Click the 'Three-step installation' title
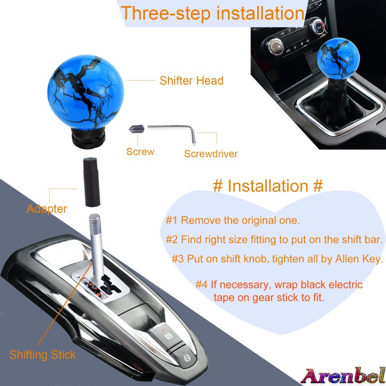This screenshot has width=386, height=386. pyautogui.click(x=212, y=13)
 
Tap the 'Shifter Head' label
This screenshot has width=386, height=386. pyautogui.click(x=191, y=81)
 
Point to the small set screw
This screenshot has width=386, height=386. pyautogui.click(x=137, y=129)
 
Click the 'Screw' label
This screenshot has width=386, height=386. pyautogui.click(x=140, y=152)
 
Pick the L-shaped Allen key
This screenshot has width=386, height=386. pyautogui.click(x=174, y=129)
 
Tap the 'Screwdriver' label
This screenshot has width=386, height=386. pyautogui.click(x=211, y=154)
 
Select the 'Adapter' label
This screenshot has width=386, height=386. pyautogui.click(x=47, y=209)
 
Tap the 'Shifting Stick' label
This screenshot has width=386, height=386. pyautogui.click(x=42, y=355)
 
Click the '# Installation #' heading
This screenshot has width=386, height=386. pyautogui.click(x=268, y=186)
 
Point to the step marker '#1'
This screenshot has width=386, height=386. pyautogui.click(x=172, y=221)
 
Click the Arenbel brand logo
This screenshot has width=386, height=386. pyautogui.click(x=343, y=374)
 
